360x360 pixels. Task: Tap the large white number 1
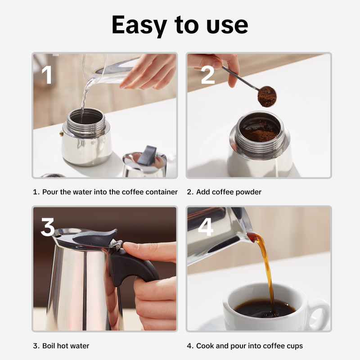47,74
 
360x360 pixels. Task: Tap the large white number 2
207,74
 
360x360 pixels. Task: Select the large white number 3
48,227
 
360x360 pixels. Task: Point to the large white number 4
206,227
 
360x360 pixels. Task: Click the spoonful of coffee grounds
267,97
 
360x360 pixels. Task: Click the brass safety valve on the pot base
61,133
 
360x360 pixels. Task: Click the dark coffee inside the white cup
265,308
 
